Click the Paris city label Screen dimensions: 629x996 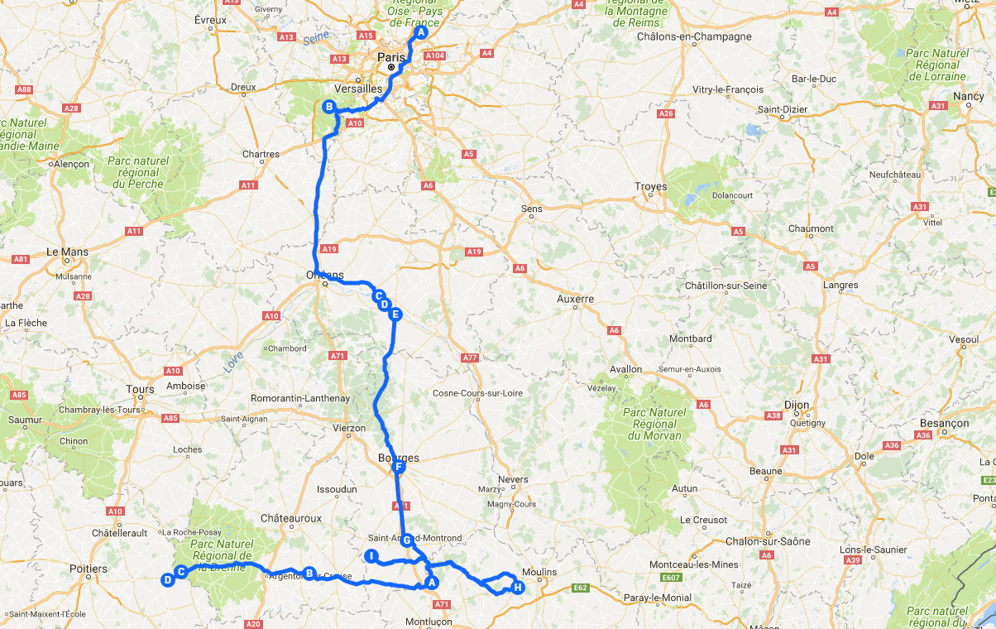point(391,57)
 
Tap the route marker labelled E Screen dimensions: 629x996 point(395,314)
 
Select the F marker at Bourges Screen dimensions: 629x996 point(399,468)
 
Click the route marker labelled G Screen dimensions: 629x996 point(406,540)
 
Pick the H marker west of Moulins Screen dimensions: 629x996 point(518,588)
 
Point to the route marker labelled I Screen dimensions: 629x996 point(372,556)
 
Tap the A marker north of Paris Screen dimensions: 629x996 point(420,33)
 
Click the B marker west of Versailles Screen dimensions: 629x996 point(328,107)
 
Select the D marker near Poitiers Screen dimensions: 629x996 point(167,580)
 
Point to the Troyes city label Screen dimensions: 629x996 point(650,186)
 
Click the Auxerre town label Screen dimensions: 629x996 point(576,299)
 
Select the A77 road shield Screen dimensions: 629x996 point(470,358)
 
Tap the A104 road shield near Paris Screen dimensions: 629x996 point(435,55)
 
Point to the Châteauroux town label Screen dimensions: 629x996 point(290,517)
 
